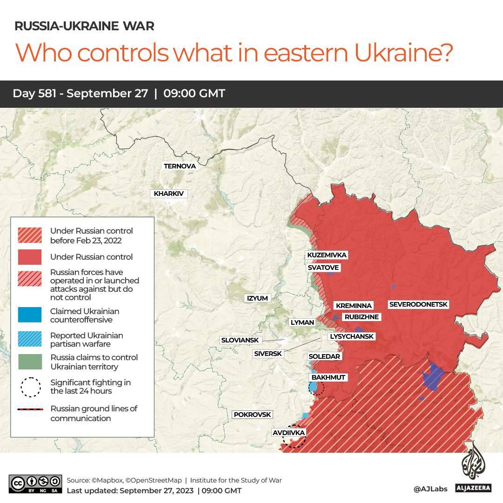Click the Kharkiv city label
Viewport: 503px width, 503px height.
click(x=168, y=194)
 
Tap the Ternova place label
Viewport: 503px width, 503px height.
click(x=180, y=166)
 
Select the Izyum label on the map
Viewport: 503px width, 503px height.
click(x=257, y=298)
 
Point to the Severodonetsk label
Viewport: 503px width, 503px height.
click(x=418, y=305)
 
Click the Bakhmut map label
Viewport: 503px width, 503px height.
click(x=329, y=377)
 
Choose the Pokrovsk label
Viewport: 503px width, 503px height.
click(x=252, y=415)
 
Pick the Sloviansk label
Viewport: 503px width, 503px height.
click(x=240, y=340)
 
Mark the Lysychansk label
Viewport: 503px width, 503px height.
click(x=351, y=336)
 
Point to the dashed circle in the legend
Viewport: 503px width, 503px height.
click(x=31, y=387)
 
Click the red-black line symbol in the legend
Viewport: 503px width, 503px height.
click(x=31, y=409)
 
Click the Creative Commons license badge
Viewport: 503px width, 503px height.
click(x=35, y=484)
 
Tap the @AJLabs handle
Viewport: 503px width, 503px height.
click(x=430, y=489)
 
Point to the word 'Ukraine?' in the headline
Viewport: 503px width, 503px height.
click(x=404, y=53)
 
